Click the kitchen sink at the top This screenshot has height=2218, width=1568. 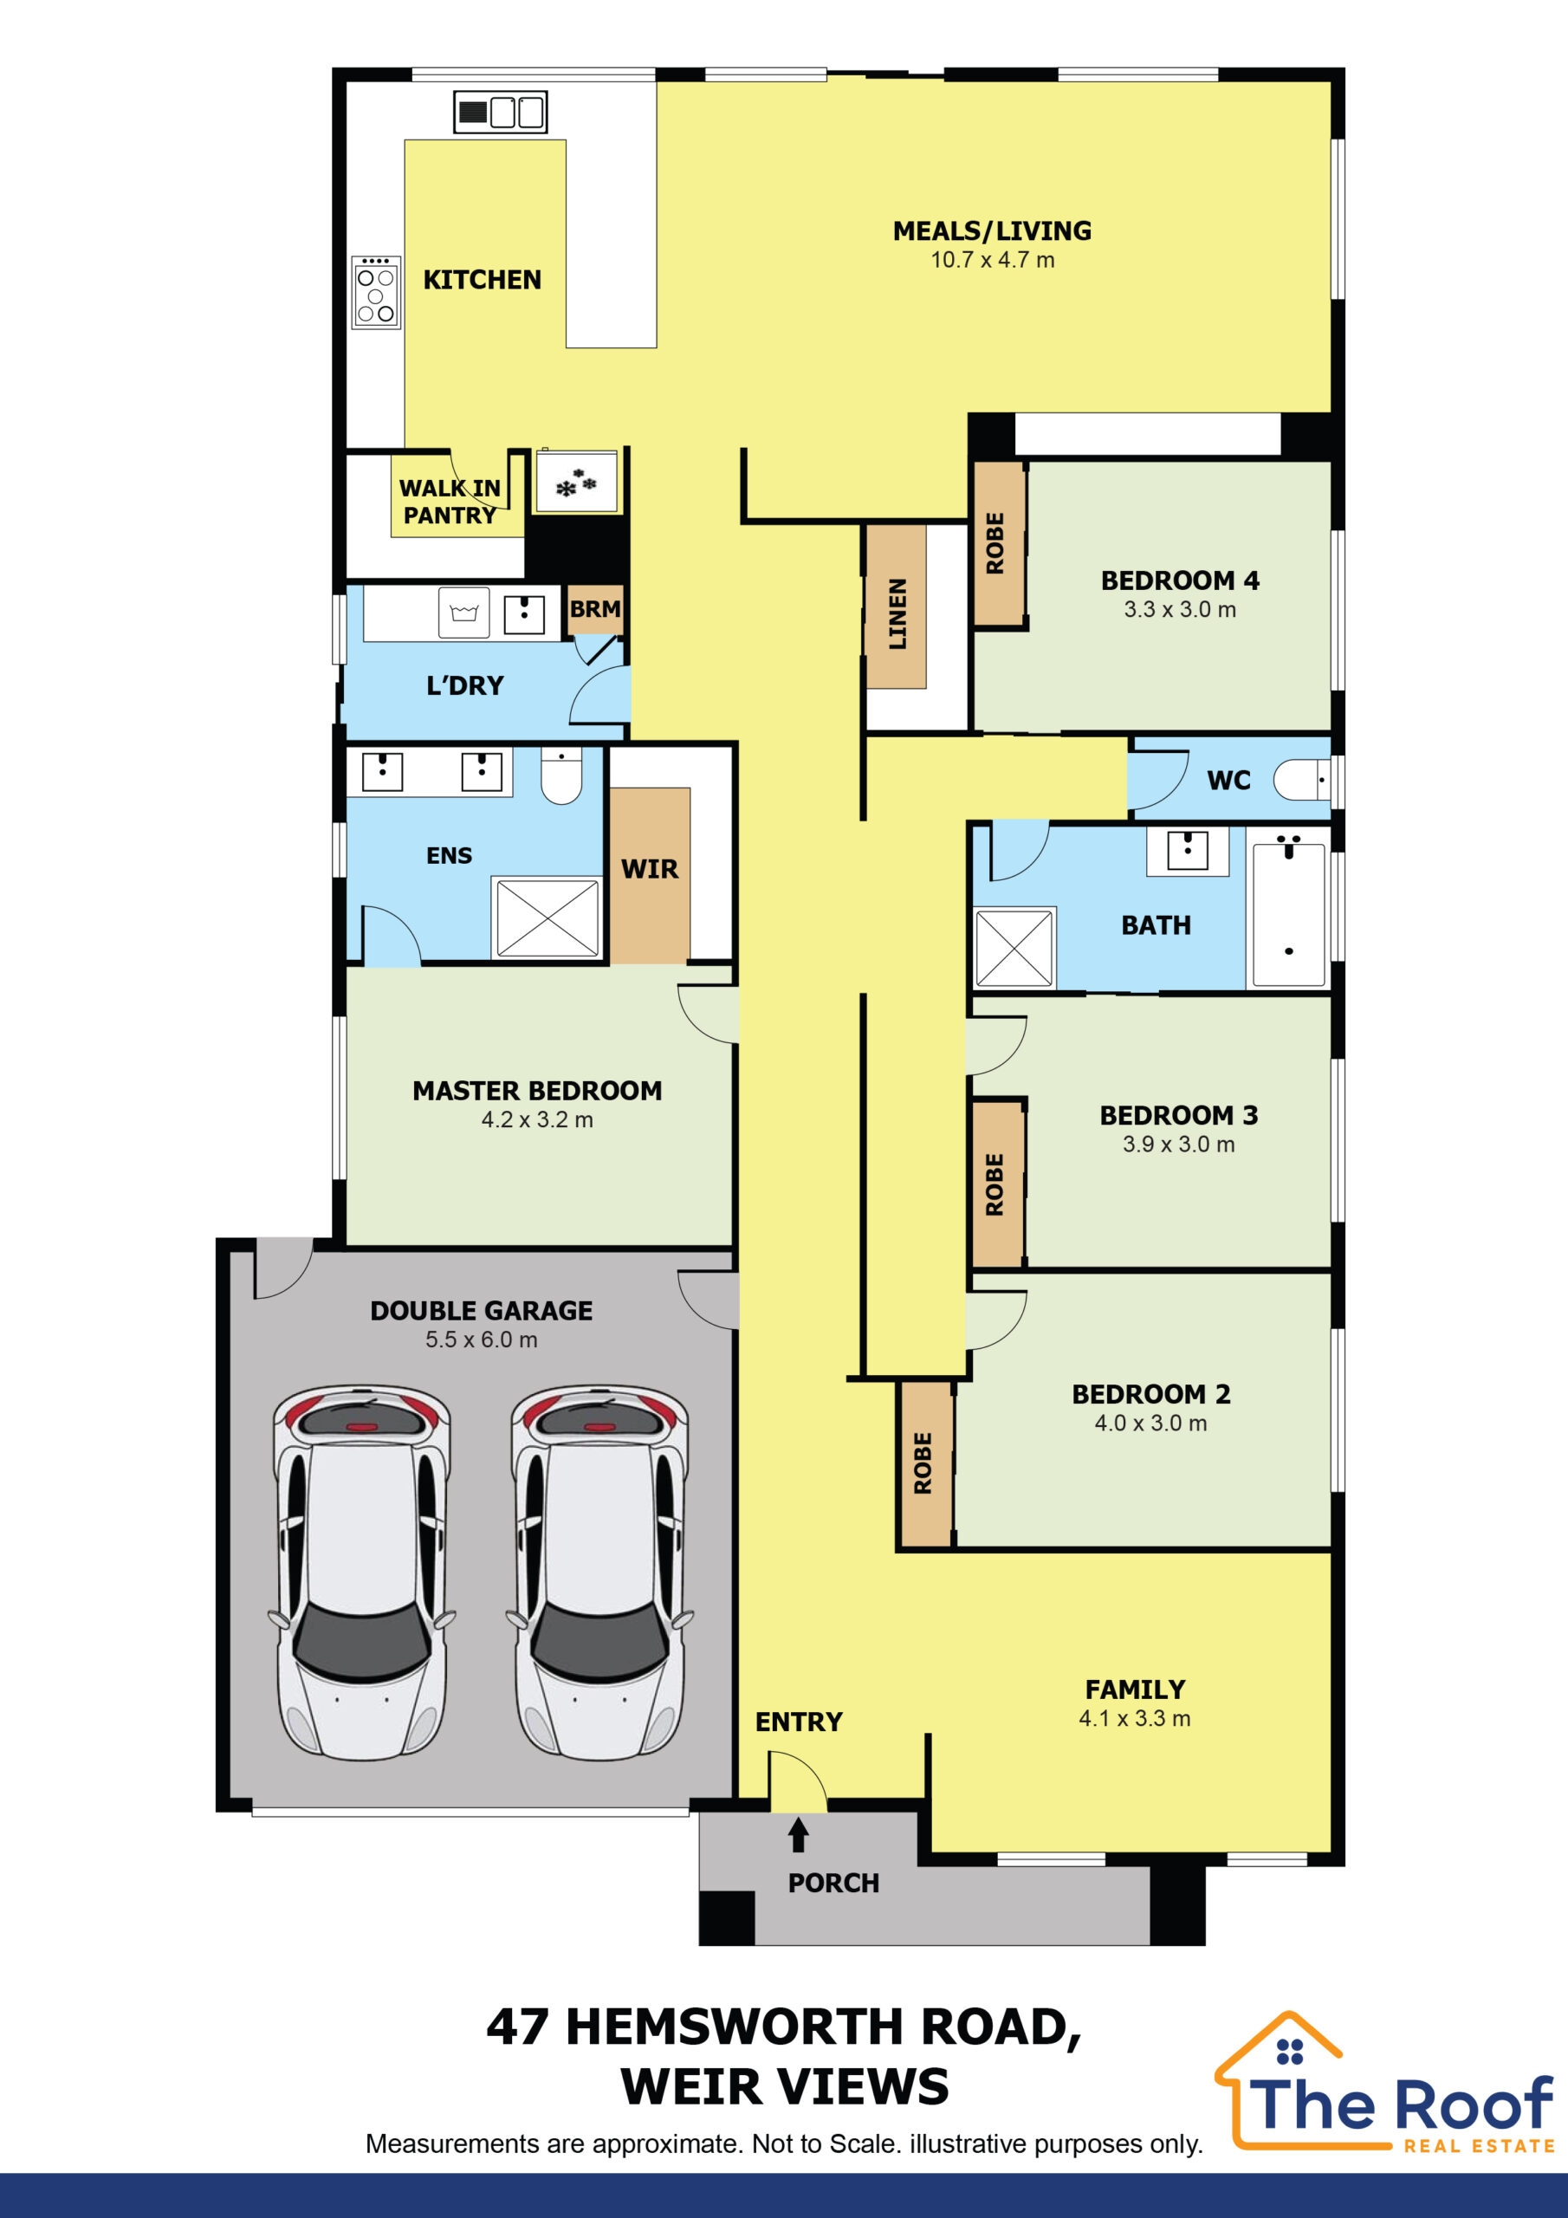point(501,112)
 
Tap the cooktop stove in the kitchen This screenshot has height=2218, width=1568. point(376,293)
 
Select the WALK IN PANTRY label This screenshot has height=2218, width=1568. point(450,502)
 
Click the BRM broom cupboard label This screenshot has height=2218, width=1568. point(594,608)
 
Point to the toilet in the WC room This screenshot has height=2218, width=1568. point(1301,780)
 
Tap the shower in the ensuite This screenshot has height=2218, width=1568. point(546,917)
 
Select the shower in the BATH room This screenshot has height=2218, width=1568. point(1014,948)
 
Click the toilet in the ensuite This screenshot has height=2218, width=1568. point(560,775)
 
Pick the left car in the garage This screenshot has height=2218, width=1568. point(362,1572)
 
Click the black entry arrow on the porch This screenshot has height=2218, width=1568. point(798,1834)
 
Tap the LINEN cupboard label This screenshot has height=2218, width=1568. point(897,613)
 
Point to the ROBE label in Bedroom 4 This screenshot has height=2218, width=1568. point(995,543)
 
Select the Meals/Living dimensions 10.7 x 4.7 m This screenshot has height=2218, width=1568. point(992,260)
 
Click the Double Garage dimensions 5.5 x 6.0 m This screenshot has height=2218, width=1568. point(481,1339)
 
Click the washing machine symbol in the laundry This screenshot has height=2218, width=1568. point(463,613)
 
